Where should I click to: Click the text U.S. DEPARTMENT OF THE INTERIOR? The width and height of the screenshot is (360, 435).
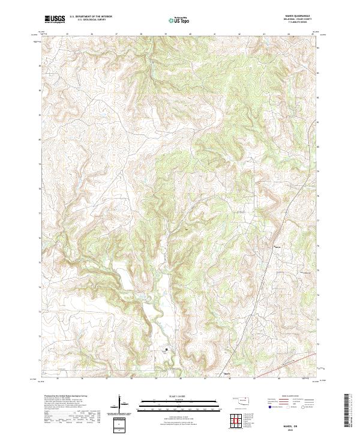90,17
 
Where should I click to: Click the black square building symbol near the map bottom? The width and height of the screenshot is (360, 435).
166,349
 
